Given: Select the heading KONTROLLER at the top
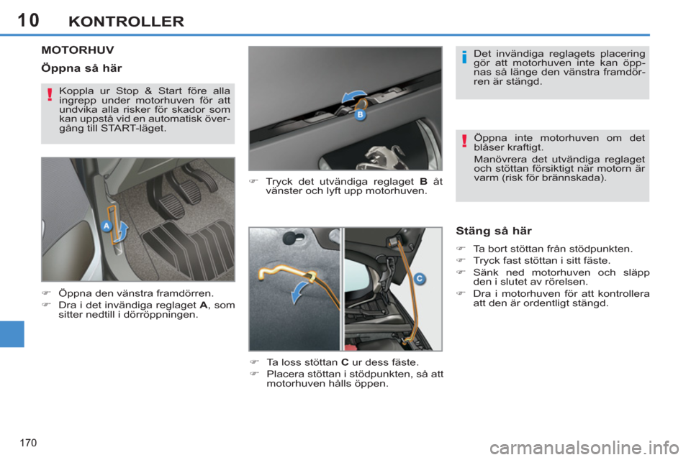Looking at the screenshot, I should (x=126, y=21).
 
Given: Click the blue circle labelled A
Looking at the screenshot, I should (x=107, y=225).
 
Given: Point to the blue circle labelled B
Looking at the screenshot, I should (x=360, y=114).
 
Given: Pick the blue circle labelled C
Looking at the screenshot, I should (x=418, y=277).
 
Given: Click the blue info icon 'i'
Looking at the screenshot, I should (x=465, y=57).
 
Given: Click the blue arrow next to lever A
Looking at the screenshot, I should (x=123, y=231).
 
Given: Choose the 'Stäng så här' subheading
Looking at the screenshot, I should (x=494, y=231).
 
